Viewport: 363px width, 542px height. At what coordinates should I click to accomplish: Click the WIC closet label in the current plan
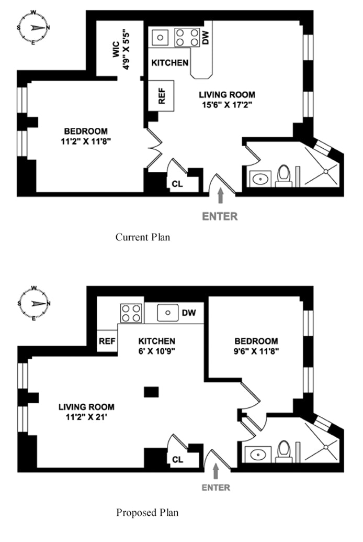pyautogui.click(x=116, y=49)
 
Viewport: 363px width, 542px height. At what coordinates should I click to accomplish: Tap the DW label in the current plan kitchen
pyautogui.click(x=206, y=38)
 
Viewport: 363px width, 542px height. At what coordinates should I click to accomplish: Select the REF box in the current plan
pyautogui.click(x=161, y=96)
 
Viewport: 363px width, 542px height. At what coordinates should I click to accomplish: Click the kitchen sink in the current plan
pyautogui.click(x=160, y=37)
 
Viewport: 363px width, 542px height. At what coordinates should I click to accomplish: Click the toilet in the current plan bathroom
pyautogui.click(x=284, y=176)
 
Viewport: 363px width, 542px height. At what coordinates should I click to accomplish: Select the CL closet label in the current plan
pyautogui.click(x=177, y=184)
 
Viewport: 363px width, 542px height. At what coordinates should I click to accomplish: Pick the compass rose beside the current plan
pyautogui.click(x=33, y=28)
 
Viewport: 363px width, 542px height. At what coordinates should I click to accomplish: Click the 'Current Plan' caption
pyautogui.click(x=143, y=237)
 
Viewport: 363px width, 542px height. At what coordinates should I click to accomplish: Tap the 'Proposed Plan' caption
pyautogui.click(x=147, y=512)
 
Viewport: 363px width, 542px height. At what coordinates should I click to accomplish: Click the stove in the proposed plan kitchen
pyautogui.click(x=131, y=313)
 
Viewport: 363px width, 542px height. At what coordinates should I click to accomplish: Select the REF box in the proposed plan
pyautogui.click(x=107, y=341)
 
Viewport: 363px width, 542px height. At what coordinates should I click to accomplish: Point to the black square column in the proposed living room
pyautogui.click(x=151, y=392)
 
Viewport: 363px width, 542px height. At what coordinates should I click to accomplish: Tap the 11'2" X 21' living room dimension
pyautogui.click(x=86, y=417)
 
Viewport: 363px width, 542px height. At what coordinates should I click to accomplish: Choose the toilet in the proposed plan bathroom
pyautogui.click(x=284, y=451)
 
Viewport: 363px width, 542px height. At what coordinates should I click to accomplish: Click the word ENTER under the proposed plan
pyautogui.click(x=216, y=488)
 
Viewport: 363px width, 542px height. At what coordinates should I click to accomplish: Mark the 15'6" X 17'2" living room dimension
pyautogui.click(x=227, y=105)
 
